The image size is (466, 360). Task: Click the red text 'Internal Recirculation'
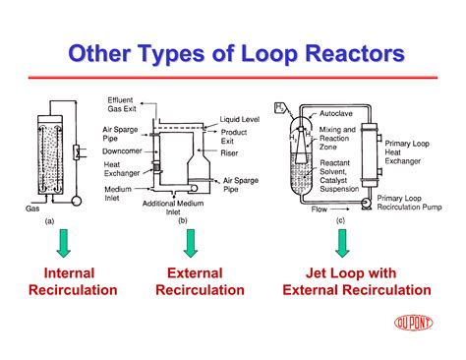click(73, 281)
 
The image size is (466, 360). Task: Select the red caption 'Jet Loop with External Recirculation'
click(356, 281)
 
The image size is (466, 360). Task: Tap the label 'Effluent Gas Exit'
click(126, 103)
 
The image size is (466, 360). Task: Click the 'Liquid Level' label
click(239, 119)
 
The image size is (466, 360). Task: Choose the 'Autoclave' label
click(337, 115)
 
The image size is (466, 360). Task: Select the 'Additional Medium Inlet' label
click(178, 208)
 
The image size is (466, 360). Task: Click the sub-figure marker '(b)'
click(182, 221)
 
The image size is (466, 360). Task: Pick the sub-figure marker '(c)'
click(340, 221)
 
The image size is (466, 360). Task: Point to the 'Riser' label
click(231, 153)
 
